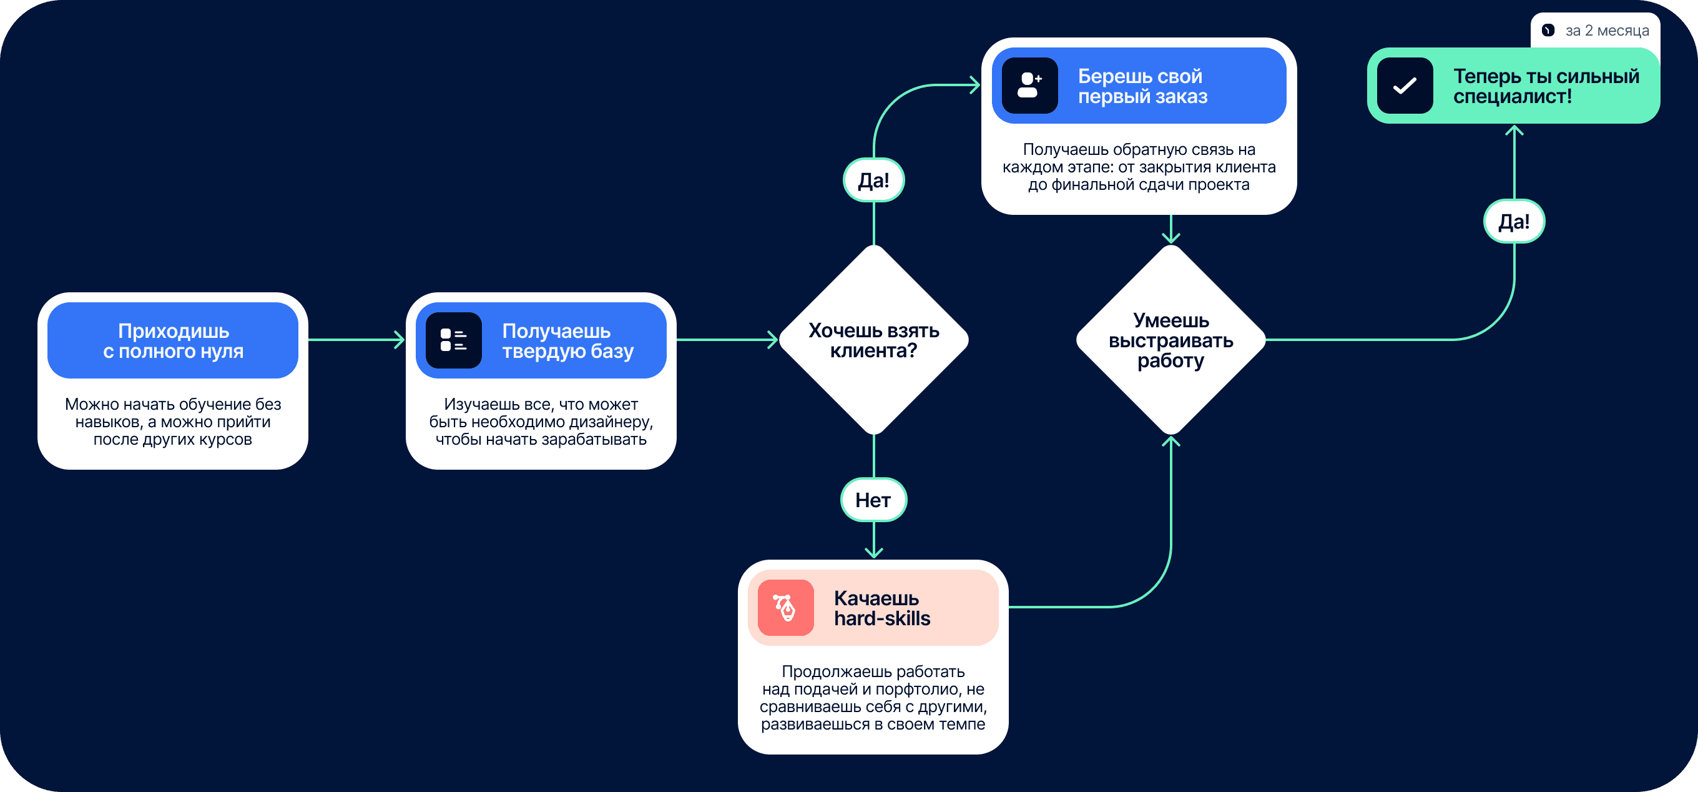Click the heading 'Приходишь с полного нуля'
pyautogui.click(x=173, y=340)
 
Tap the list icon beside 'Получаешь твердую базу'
pyautogui.click(x=453, y=340)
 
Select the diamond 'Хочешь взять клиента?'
pyautogui.click(x=873, y=340)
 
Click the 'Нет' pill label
pyautogui.click(x=873, y=500)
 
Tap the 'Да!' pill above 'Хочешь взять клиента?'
pyautogui.click(x=873, y=180)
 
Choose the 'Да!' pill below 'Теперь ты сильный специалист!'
pyautogui.click(x=1514, y=222)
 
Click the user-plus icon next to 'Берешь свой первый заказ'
pyautogui.click(x=1029, y=86)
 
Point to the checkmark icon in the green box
pyautogui.click(x=1405, y=86)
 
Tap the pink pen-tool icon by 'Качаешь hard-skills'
pyautogui.click(x=785, y=607)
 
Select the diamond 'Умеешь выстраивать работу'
pyautogui.click(x=1170, y=340)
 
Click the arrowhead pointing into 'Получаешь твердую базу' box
pyautogui.click(x=400, y=340)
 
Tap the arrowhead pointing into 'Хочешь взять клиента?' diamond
pyautogui.click(x=774, y=340)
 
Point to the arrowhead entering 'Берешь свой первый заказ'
pyautogui.click(x=976, y=85)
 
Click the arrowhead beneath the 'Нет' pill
pyautogui.click(x=873, y=553)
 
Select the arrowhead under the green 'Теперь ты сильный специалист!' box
pyautogui.click(x=1514, y=131)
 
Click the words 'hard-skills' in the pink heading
pyautogui.click(x=882, y=618)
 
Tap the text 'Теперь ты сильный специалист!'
pyautogui.click(x=1546, y=86)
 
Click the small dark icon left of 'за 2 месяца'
pyautogui.click(x=1548, y=31)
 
